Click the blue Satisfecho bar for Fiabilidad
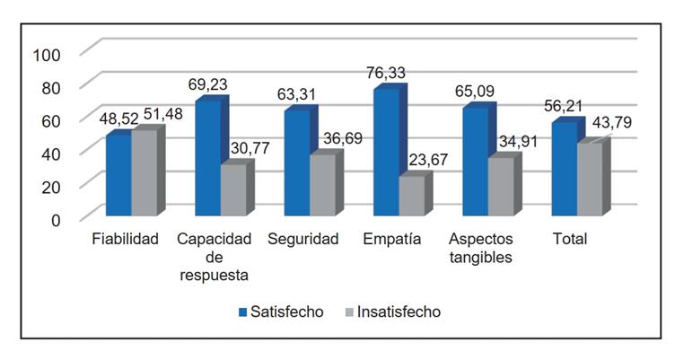(x=118, y=176)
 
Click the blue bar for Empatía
(x=386, y=153)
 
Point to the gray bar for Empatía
(x=411, y=197)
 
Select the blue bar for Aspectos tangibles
(x=476, y=162)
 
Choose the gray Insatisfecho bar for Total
(x=590, y=180)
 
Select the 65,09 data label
(x=474, y=91)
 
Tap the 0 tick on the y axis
(x=56, y=218)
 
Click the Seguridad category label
(x=302, y=240)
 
